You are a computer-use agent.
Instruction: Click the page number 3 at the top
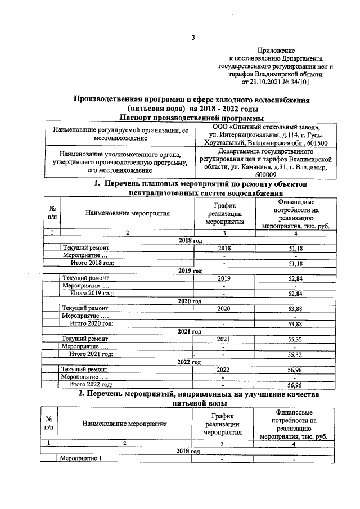pyautogui.click(x=193, y=38)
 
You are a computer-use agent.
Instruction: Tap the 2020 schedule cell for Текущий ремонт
pyautogui.click(x=224, y=309)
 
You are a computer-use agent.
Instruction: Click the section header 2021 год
pyautogui.click(x=189, y=332)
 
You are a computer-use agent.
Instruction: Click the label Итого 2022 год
pyautogui.click(x=91, y=385)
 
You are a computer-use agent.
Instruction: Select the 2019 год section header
pyautogui.click(x=189, y=271)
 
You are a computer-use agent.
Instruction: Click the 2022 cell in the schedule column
pyautogui.click(x=224, y=370)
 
